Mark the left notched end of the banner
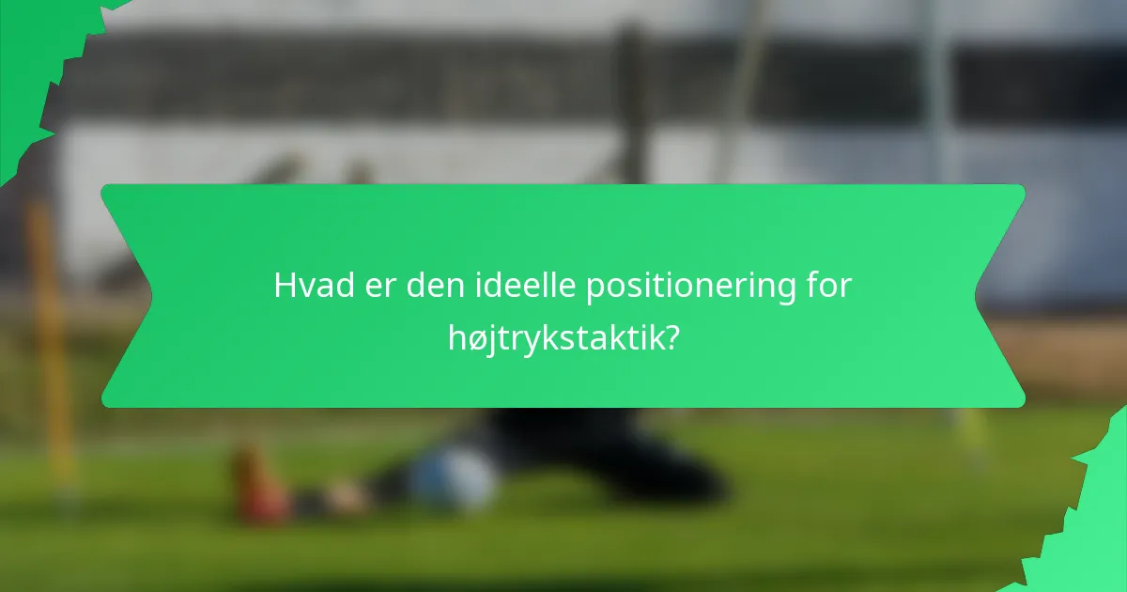[127, 296]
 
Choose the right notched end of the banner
[999, 296]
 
